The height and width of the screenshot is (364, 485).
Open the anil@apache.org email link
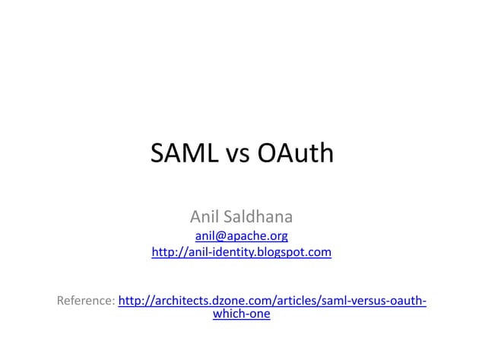pos(242,235)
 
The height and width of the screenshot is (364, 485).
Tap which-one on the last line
pos(242,313)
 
